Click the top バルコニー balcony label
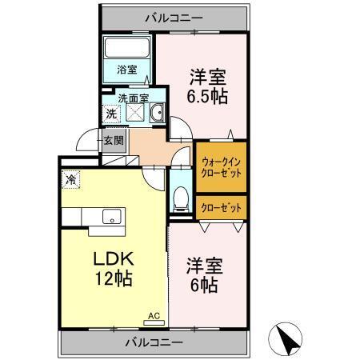click(174, 16)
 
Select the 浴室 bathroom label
click(126, 69)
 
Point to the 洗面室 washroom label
click(133, 98)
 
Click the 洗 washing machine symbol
click(111, 114)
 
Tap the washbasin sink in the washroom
click(157, 114)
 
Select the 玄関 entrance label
click(114, 142)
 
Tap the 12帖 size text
click(111, 280)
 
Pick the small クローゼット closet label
click(220, 207)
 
